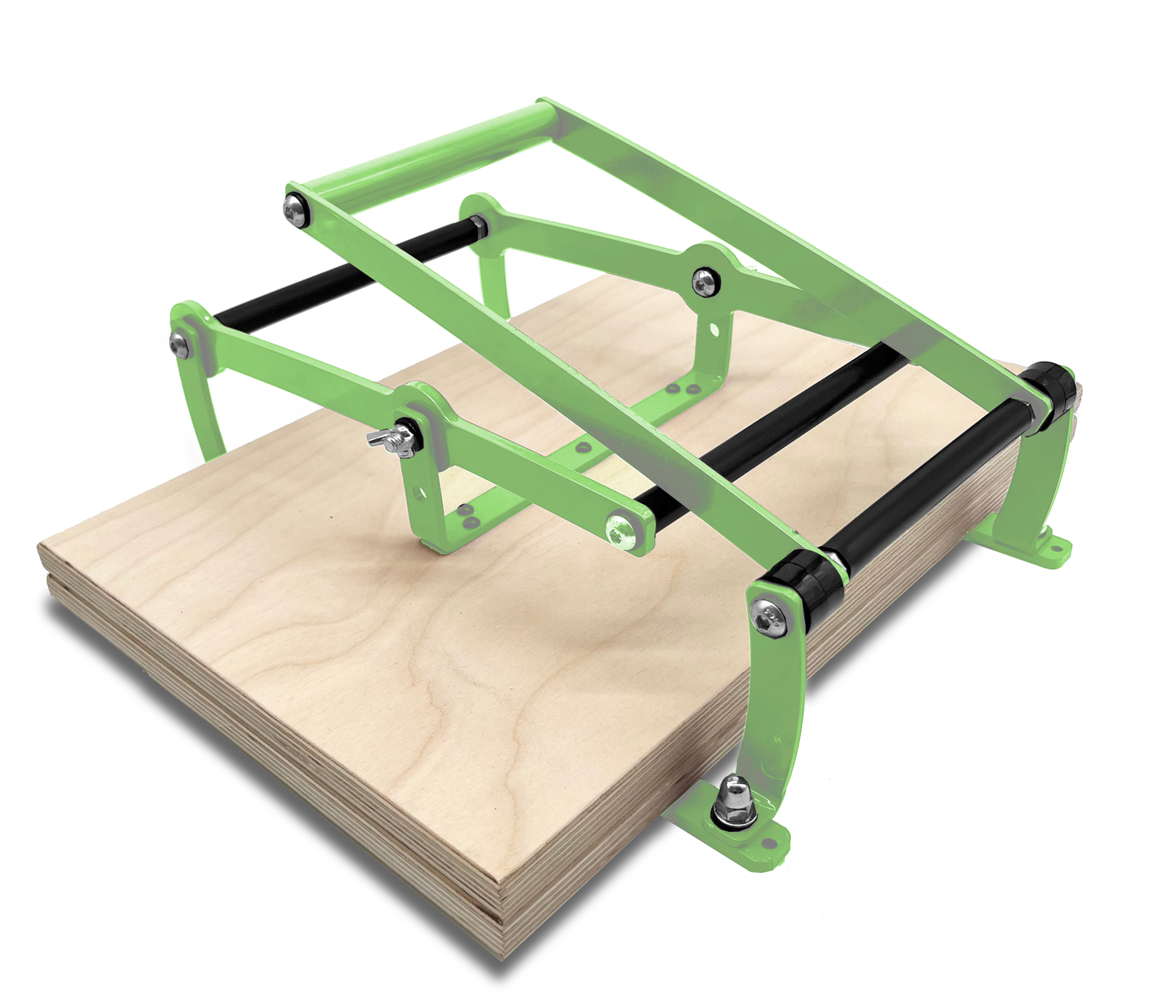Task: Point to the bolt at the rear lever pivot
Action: (704, 281)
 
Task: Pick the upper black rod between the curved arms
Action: (335, 279)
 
